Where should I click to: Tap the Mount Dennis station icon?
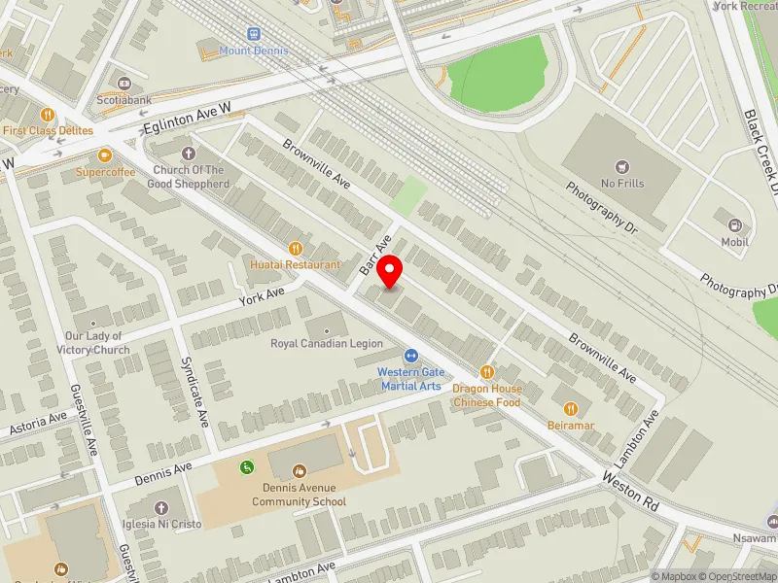[x=254, y=33]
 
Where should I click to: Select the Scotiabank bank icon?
[x=124, y=84]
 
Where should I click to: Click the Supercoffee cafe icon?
[x=105, y=154]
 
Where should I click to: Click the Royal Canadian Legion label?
[x=326, y=344]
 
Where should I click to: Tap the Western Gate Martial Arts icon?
[x=410, y=357]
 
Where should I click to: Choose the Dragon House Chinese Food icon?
[x=487, y=372]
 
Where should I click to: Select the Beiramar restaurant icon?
[x=572, y=409]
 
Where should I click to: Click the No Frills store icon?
[x=622, y=167]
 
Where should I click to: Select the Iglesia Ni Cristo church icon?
[x=160, y=507]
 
